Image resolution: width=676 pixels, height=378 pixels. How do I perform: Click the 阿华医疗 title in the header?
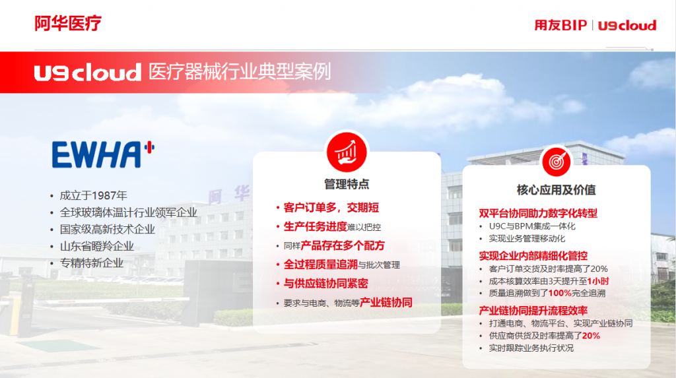[68, 23]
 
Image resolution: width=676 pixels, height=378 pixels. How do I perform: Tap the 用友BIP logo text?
[560, 26]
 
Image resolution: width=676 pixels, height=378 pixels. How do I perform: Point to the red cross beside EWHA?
[150, 148]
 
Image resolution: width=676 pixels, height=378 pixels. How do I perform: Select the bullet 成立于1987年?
[93, 196]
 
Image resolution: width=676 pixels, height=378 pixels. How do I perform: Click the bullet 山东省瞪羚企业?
[96, 247]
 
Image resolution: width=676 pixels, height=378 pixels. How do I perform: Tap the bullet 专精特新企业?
[91, 263]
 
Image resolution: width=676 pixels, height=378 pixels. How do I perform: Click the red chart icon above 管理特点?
[347, 152]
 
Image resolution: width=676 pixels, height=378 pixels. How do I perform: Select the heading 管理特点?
[347, 185]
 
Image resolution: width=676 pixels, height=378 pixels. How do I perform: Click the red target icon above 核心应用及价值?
[556, 162]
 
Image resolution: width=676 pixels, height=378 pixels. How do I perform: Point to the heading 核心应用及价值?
[556, 190]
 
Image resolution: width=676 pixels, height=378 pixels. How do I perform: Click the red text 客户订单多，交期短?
[331, 208]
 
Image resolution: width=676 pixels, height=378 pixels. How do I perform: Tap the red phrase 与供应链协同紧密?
[326, 284]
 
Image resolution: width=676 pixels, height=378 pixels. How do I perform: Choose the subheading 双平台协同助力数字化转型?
[538, 213]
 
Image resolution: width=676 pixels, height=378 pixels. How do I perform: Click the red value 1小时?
[598, 282]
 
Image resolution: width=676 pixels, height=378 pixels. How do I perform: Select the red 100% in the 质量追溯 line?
[560, 294]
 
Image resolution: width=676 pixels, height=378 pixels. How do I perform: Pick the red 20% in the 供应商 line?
[591, 336]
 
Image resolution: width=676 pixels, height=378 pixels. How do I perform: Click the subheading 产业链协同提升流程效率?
[533, 311]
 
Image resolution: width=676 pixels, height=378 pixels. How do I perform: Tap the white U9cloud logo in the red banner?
[88, 73]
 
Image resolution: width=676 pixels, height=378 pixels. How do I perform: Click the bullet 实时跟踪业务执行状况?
[531, 348]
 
